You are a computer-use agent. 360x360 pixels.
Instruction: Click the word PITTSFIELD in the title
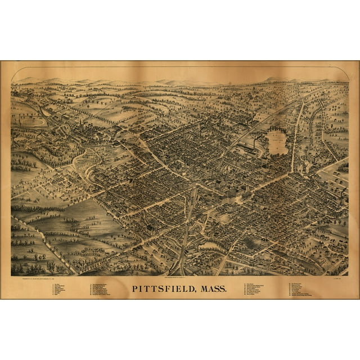coord(164,290)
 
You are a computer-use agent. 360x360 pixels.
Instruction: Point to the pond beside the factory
coord(276,142)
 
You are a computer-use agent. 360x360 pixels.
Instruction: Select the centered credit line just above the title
coord(180,278)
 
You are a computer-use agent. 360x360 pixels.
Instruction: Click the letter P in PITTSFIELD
coord(135,290)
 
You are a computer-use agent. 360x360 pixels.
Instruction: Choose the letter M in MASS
coord(200,290)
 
